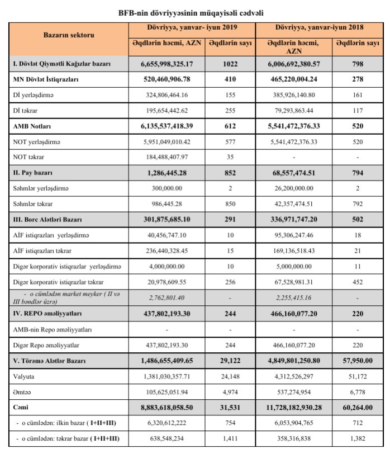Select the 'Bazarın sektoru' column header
pos(69,35)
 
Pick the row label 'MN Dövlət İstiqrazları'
pos(46,80)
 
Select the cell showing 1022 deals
pos(230,64)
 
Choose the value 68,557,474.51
pos(293,174)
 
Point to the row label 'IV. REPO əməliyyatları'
pos(47,315)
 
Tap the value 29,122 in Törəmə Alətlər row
pos(230,362)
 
